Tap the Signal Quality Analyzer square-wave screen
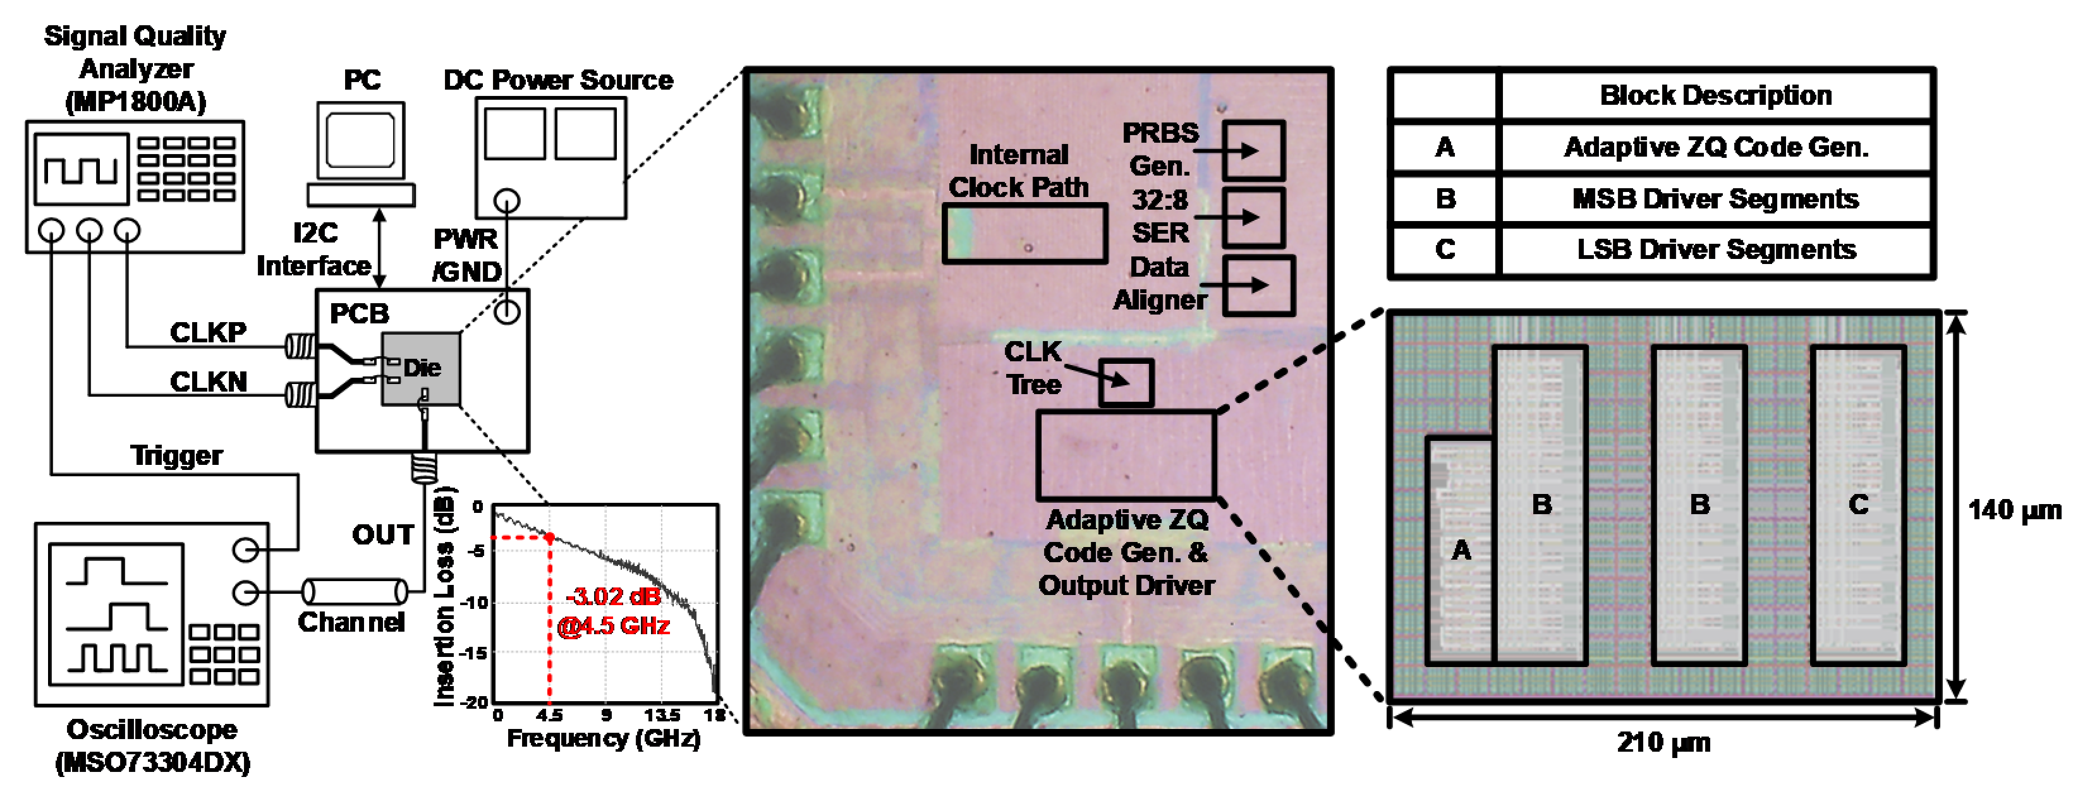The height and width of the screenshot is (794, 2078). (81, 169)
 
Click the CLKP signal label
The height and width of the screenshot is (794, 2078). (208, 332)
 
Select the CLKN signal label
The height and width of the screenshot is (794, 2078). (208, 382)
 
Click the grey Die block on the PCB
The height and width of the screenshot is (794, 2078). (421, 369)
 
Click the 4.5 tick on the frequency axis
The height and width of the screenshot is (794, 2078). (549, 715)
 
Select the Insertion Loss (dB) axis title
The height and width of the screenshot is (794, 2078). (444, 596)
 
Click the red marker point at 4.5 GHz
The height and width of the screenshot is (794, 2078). (549, 537)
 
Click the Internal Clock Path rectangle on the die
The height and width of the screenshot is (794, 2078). (1024, 234)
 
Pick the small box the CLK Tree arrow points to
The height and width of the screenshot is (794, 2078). (1126, 382)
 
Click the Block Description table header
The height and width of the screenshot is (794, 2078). (1715, 95)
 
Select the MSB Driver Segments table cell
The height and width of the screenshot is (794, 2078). (1715, 198)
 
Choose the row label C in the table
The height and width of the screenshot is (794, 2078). (1445, 249)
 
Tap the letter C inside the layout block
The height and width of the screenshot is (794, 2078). (1858, 505)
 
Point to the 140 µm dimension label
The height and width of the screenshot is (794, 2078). (2014, 510)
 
